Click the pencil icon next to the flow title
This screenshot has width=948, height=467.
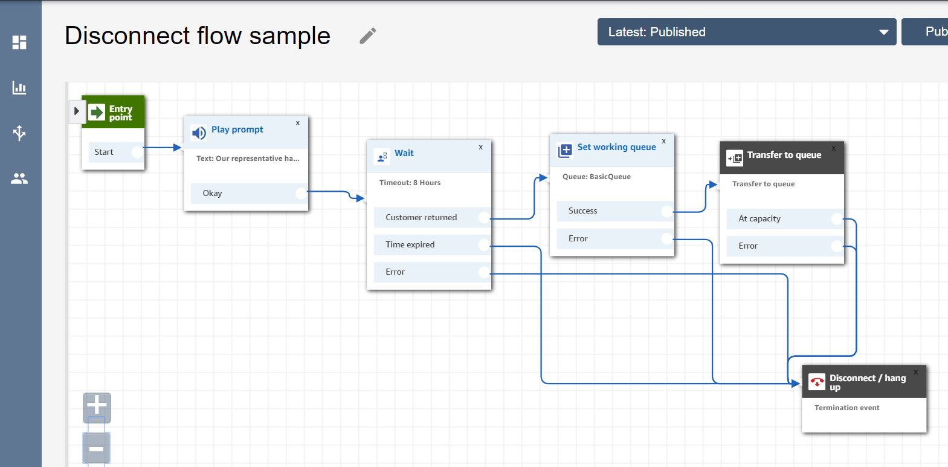tap(368, 36)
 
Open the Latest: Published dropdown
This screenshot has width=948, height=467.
tap(747, 32)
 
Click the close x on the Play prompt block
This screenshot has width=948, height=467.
tap(298, 123)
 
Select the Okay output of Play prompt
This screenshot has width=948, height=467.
tap(249, 193)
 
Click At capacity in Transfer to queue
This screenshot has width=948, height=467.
tap(785, 218)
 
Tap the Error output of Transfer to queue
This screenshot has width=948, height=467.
tap(785, 246)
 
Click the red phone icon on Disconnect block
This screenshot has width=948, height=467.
tap(817, 382)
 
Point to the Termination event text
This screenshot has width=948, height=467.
tap(847, 408)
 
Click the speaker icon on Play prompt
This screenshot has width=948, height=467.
tap(199, 133)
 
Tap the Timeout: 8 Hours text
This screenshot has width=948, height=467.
tap(410, 183)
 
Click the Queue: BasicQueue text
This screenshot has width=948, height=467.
tap(596, 177)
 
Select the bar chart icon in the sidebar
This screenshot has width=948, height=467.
tap(19, 88)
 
